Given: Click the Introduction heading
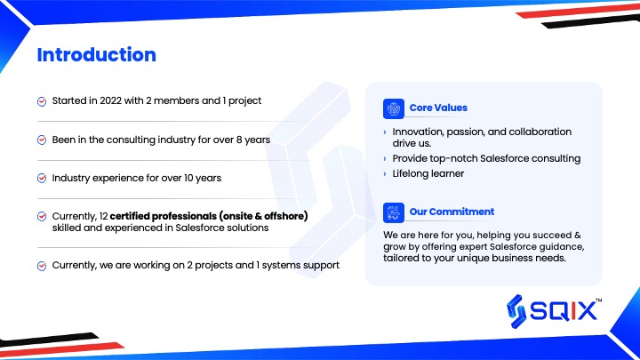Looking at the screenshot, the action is [x=97, y=55].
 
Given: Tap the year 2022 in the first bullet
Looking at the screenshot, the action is [x=110, y=100].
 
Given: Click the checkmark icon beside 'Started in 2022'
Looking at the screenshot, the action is [x=42, y=101].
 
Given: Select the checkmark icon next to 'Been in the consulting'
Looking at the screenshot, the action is [x=42, y=140].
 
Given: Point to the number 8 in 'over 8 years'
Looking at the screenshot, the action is [x=239, y=140].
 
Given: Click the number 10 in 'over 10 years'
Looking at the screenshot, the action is [x=188, y=178].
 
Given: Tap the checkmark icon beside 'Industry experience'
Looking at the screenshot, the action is [x=42, y=179].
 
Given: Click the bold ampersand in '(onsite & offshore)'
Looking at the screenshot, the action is [x=258, y=216].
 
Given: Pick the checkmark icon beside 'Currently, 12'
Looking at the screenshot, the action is [x=42, y=216].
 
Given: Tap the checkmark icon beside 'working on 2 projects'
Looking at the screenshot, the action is [x=42, y=266].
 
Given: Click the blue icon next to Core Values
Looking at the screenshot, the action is [x=394, y=108].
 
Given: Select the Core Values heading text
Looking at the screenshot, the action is [x=438, y=108].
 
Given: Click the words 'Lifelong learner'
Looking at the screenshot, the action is [x=428, y=173].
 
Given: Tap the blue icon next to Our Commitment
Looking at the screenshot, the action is [x=394, y=212].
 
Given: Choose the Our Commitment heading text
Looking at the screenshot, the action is [x=452, y=212].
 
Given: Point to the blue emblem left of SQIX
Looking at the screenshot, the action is [x=516, y=311].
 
